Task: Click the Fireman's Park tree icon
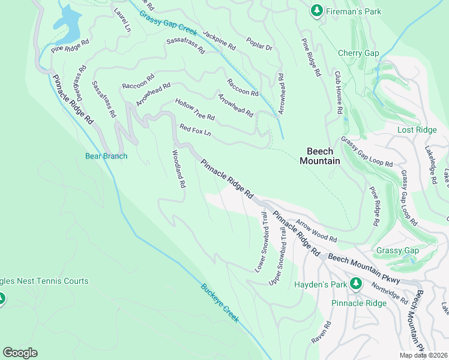click(x=316, y=11)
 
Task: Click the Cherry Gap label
click(x=358, y=53)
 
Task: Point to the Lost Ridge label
click(x=417, y=130)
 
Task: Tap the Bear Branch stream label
click(x=106, y=157)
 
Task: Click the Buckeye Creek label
click(x=220, y=303)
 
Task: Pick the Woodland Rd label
click(x=179, y=169)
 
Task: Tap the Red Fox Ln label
click(x=196, y=130)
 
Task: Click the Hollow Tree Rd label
click(x=194, y=108)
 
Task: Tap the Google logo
click(x=20, y=353)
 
